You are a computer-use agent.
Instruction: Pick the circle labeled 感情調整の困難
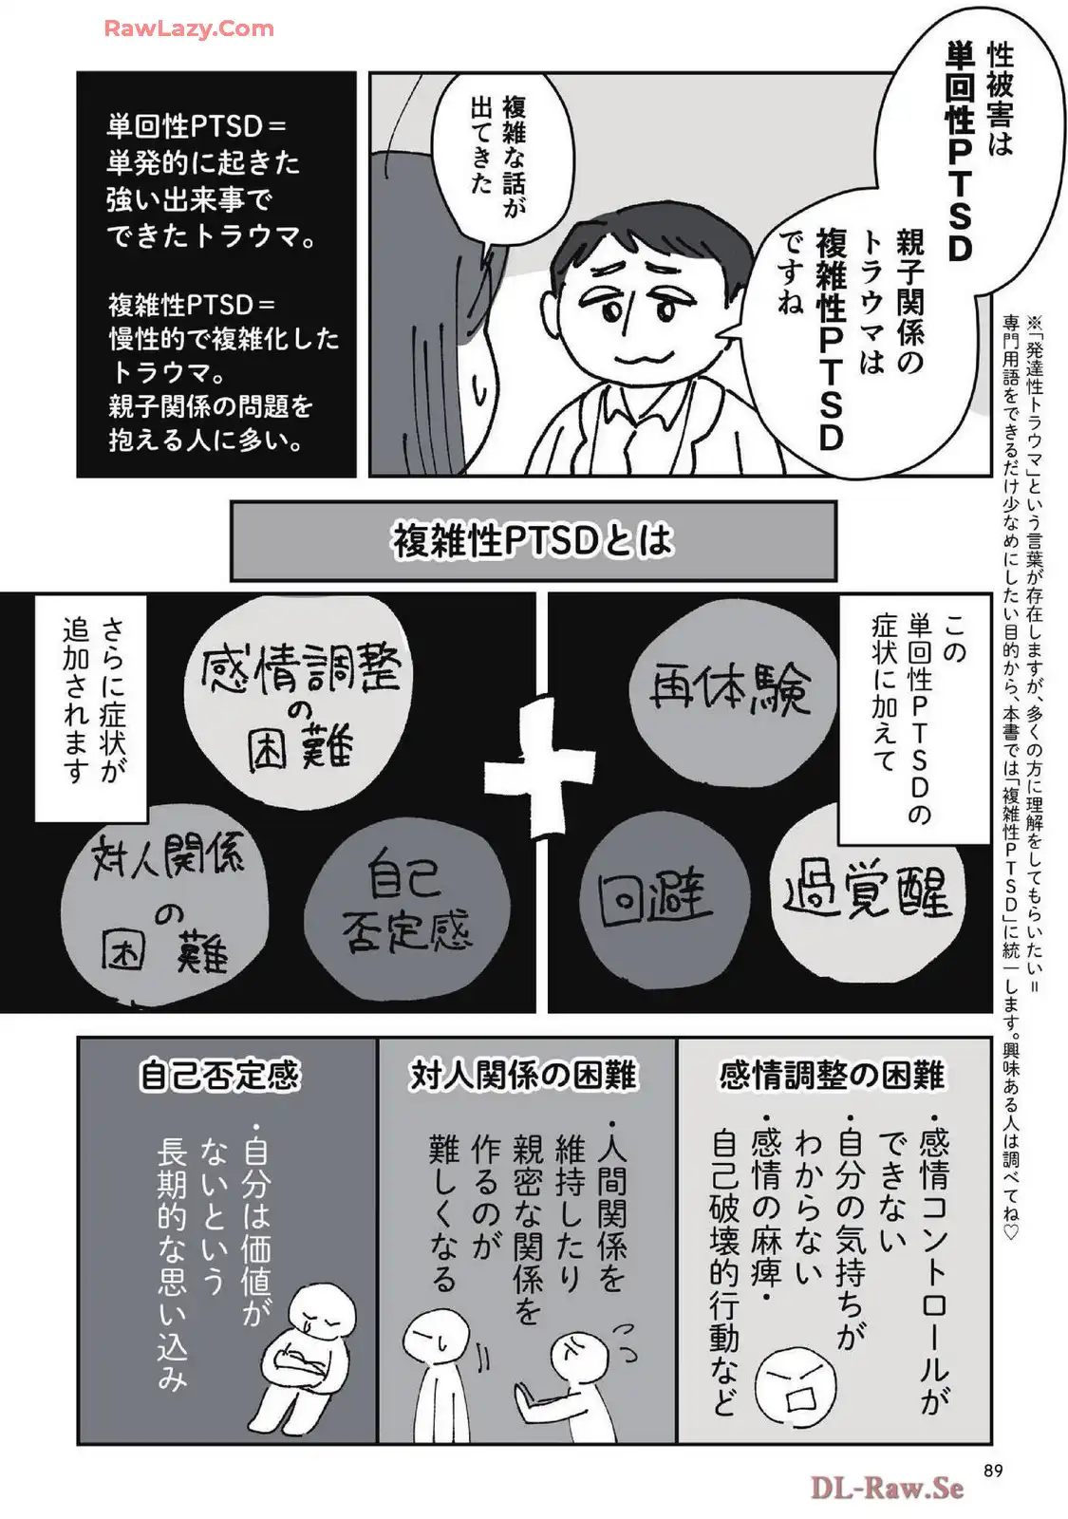click(298, 702)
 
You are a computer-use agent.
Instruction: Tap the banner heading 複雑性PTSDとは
click(533, 541)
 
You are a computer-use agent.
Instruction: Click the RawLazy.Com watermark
click(189, 28)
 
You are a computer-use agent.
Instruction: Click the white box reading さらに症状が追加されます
click(91, 708)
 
